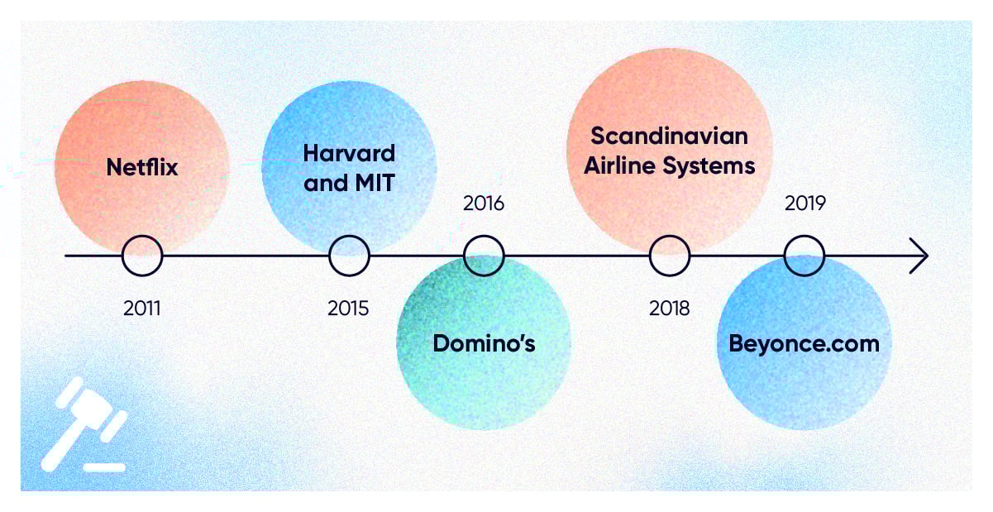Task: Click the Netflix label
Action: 142,167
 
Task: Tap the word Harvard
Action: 349,153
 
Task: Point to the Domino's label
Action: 484,343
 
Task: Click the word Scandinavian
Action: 669,136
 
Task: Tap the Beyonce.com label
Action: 804,344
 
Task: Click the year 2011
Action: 142,308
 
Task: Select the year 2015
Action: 348,308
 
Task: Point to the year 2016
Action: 484,203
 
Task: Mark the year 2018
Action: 670,308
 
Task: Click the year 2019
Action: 805,203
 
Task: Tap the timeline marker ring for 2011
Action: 122,256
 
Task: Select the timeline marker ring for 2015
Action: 329,256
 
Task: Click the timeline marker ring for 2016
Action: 464,256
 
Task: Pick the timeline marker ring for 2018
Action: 650,256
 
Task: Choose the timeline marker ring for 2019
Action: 785,256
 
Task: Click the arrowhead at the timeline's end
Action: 927,256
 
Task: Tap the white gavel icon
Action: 84,423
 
